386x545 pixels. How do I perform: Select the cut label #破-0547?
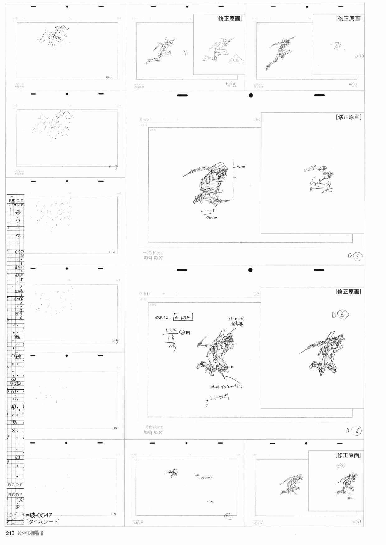39,515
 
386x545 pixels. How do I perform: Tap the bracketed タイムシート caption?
43,521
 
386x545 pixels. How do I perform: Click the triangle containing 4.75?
236,61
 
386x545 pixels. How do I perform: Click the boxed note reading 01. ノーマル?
184,317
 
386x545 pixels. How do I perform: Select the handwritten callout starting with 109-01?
226,387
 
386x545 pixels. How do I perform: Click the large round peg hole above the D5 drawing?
251,95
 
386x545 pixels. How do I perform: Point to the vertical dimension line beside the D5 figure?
233,180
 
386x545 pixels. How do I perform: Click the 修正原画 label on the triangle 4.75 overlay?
229,19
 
